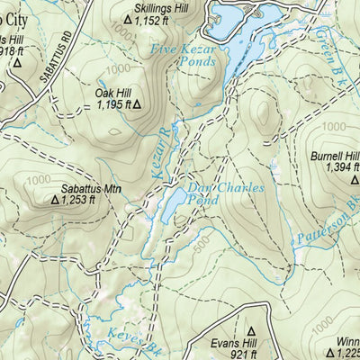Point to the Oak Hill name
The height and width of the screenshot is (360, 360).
point(113,92)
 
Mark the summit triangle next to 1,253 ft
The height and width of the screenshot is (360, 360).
point(54,201)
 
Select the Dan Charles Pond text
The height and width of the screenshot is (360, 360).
point(225,193)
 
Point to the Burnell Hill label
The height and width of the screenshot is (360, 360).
point(335,156)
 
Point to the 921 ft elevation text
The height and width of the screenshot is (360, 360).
point(262,355)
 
